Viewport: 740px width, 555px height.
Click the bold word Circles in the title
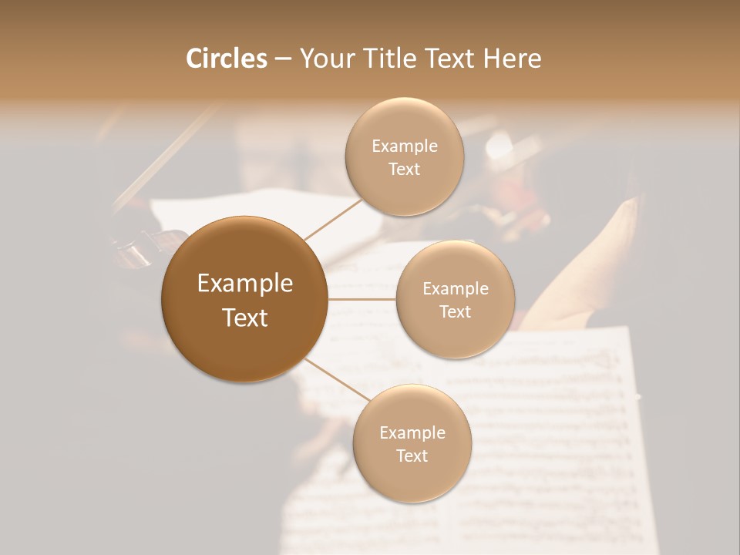(226, 59)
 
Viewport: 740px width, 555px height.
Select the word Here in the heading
(513, 59)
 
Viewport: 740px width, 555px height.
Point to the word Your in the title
(325, 59)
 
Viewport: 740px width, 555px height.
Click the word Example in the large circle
(245, 284)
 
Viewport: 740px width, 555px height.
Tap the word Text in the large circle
(245, 318)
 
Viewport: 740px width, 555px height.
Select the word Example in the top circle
(405, 146)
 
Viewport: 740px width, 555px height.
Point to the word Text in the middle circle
(455, 311)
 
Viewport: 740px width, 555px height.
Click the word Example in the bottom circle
(412, 432)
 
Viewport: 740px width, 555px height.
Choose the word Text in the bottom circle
(412, 456)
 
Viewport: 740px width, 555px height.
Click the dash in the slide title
(283, 59)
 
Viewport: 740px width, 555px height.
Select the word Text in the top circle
(404, 170)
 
